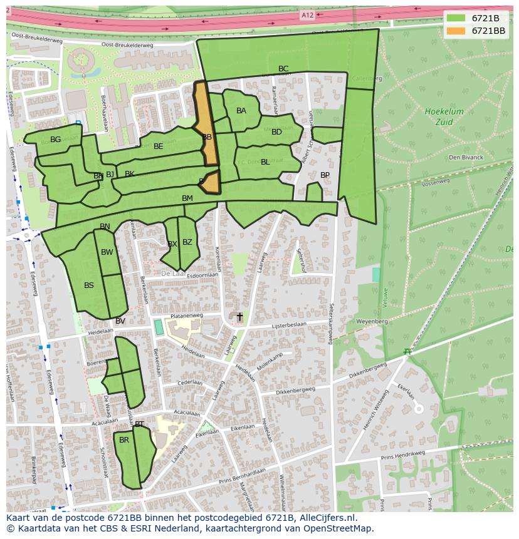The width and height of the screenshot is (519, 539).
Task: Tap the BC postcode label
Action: point(283,69)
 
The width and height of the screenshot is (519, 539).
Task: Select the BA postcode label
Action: point(241,111)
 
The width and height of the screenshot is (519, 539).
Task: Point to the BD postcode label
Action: point(276,132)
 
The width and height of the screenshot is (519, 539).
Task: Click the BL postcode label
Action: point(265,162)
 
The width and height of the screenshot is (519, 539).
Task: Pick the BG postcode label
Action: point(56,140)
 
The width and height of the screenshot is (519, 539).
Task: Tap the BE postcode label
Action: point(159,146)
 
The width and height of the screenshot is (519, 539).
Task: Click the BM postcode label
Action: point(187,198)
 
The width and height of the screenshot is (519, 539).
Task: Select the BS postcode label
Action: point(89,285)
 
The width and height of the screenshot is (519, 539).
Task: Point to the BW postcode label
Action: point(107,253)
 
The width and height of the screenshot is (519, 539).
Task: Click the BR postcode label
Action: point(124,440)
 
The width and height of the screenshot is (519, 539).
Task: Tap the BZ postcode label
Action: point(187,242)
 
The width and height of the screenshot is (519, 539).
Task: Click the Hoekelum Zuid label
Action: point(444,116)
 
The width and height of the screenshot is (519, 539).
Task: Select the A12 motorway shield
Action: point(307,15)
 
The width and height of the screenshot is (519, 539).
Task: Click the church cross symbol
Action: point(239,317)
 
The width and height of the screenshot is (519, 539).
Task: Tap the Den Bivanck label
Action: point(466,158)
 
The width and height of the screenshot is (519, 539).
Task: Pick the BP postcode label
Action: point(325,175)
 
